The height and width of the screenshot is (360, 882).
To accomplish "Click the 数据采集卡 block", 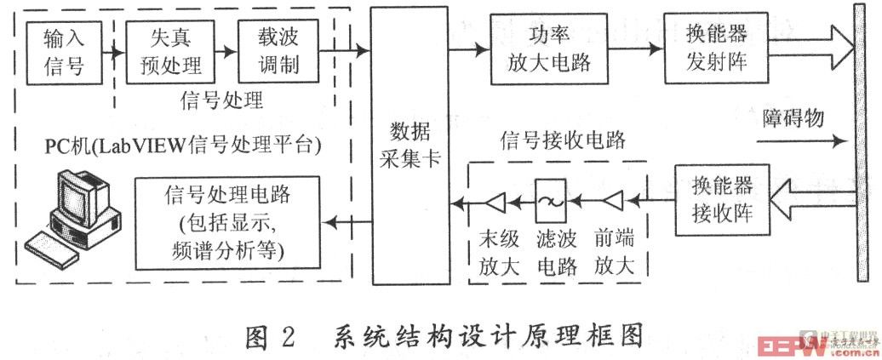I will tap(410, 143).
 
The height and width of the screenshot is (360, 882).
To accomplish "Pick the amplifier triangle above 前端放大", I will tap(612, 202).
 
